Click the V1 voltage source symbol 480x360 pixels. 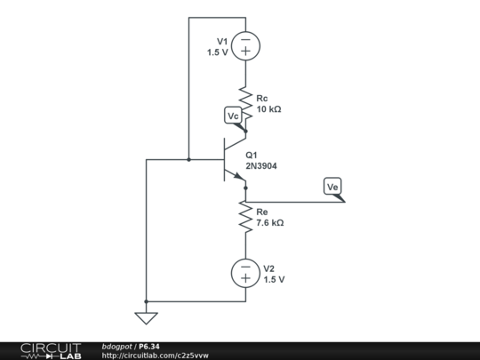click(244, 46)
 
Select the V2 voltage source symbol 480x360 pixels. click(244, 273)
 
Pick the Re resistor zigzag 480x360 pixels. click(244, 218)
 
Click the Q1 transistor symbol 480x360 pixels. click(233, 160)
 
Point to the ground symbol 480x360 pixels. click(146, 317)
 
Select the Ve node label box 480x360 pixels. click(333, 187)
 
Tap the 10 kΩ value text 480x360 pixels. click(269, 109)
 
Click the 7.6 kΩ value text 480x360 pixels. click(269, 224)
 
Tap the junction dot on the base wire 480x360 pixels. click(189, 160)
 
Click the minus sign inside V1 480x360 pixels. click(244, 39)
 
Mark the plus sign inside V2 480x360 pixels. click(244, 279)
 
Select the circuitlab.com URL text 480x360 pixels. click(155, 355)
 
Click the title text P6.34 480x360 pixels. click(148, 346)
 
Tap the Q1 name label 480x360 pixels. click(252, 154)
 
